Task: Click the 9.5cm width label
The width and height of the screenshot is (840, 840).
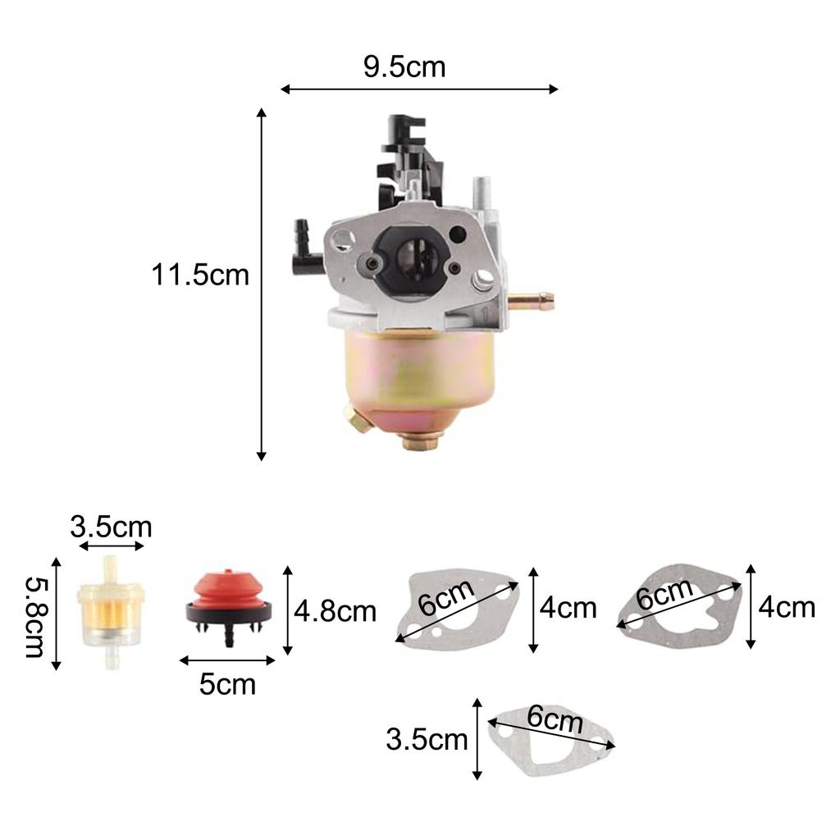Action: (404, 66)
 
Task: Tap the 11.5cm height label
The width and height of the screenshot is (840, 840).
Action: (199, 275)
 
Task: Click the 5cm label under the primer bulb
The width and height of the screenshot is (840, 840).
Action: (226, 683)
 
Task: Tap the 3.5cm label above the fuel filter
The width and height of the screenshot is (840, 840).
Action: (110, 526)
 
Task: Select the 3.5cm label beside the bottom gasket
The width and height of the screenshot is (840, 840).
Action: (427, 740)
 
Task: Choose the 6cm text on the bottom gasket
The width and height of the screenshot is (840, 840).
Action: (555, 722)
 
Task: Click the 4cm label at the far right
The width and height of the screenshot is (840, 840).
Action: (787, 608)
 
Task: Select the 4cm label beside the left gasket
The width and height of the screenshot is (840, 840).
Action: (568, 609)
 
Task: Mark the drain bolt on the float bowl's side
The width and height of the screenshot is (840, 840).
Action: (356, 421)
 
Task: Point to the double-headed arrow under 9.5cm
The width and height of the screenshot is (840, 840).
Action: (419, 89)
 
